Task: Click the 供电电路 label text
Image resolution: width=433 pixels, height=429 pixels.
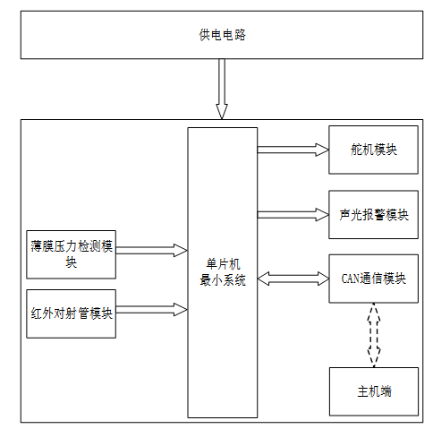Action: (222, 35)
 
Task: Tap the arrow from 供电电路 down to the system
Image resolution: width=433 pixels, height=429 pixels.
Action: (222, 89)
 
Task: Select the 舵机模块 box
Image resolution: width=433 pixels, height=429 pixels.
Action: (373, 150)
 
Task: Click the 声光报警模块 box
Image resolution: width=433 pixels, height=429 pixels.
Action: (373, 215)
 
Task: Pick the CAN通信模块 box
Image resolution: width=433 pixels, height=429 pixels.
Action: (373, 279)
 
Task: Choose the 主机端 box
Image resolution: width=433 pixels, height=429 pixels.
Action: (374, 391)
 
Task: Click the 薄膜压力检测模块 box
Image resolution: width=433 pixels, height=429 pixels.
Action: (71, 254)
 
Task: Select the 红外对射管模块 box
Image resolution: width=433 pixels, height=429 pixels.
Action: (71, 313)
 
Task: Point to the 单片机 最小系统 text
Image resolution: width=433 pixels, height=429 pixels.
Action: (223, 272)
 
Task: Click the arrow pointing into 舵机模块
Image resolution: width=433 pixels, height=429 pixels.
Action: (293, 150)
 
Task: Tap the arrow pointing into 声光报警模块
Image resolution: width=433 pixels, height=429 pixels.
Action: (293, 215)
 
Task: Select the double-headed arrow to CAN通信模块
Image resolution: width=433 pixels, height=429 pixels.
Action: (293, 279)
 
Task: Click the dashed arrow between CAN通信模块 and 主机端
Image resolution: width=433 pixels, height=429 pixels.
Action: (374, 335)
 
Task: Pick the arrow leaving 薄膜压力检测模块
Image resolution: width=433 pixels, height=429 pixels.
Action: (151, 251)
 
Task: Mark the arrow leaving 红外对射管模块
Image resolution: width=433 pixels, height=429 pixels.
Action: (151, 310)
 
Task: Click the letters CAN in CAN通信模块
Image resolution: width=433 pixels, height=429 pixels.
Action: (348, 279)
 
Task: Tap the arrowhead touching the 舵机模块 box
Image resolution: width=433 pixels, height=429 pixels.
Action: (322, 150)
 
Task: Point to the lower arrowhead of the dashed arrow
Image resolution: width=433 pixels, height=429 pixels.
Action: (374, 357)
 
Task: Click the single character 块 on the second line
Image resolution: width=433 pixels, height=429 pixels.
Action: (71, 262)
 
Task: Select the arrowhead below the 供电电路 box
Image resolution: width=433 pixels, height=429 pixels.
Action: (222, 112)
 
